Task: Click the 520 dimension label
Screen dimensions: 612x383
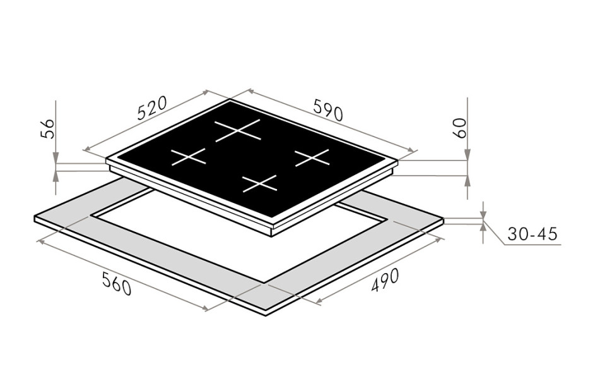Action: pyautogui.click(x=152, y=107)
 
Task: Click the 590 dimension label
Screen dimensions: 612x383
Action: pyautogui.click(x=328, y=109)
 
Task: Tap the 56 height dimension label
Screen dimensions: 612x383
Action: pyautogui.click(x=47, y=128)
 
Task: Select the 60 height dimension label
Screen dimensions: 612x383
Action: pyautogui.click(x=461, y=128)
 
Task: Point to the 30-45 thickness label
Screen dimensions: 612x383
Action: pyautogui.click(x=533, y=234)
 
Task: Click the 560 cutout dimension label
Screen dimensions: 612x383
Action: pyautogui.click(x=116, y=284)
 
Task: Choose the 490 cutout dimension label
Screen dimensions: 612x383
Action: pyautogui.click(x=385, y=280)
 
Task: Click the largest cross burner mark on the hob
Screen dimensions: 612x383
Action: pyautogui.click(x=237, y=130)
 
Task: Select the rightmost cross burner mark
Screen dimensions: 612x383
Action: pyautogui.click(x=312, y=157)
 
